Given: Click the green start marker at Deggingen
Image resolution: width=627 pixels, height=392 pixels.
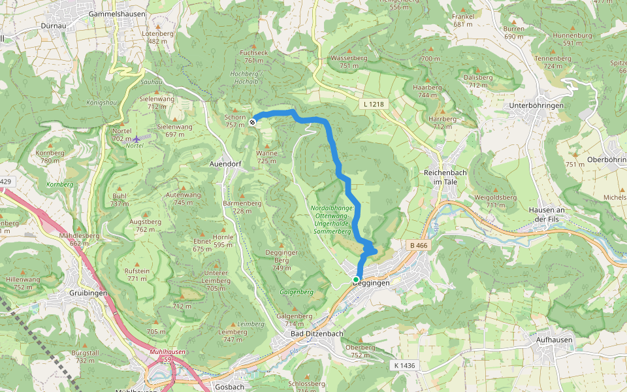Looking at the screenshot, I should (356, 280).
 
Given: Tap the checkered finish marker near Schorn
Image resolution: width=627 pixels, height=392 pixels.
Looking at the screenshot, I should (252, 121).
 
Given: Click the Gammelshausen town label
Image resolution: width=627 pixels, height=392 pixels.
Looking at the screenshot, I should (117, 13).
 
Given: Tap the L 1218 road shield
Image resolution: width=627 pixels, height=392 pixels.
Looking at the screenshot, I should (374, 104).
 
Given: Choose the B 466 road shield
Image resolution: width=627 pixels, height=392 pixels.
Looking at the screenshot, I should (419, 245).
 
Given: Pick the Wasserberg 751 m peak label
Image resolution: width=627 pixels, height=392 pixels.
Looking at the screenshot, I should (349, 61).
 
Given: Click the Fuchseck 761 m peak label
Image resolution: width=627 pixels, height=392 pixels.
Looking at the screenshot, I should (254, 56).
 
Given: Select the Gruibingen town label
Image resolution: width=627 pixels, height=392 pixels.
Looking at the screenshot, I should (88, 293).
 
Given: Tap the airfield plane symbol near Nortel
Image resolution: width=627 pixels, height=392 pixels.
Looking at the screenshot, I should (136, 139).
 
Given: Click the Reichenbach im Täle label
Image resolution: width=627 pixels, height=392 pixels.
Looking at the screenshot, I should (445, 176).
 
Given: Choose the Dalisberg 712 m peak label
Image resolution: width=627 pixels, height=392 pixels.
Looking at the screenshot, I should (478, 80).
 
